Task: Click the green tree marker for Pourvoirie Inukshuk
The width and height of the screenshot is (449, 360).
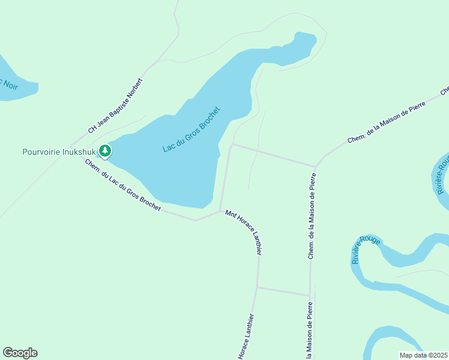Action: (x=105, y=151)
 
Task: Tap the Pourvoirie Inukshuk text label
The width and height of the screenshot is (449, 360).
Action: (x=59, y=152)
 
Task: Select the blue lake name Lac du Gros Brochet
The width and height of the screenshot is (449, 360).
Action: (x=191, y=129)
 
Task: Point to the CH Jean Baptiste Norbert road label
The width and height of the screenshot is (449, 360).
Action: (x=116, y=106)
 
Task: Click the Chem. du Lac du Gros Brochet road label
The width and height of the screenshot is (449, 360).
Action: (x=122, y=185)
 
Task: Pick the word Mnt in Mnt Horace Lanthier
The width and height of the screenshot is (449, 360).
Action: (x=229, y=214)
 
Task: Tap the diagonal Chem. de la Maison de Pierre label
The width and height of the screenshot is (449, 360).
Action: (x=386, y=122)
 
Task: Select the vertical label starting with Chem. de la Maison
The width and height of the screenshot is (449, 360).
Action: (x=312, y=216)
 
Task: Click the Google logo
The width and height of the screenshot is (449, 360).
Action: (x=20, y=353)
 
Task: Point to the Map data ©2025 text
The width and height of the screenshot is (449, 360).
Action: (x=423, y=355)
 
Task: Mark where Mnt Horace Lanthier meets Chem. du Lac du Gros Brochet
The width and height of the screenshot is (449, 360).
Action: (x=220, y=211)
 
